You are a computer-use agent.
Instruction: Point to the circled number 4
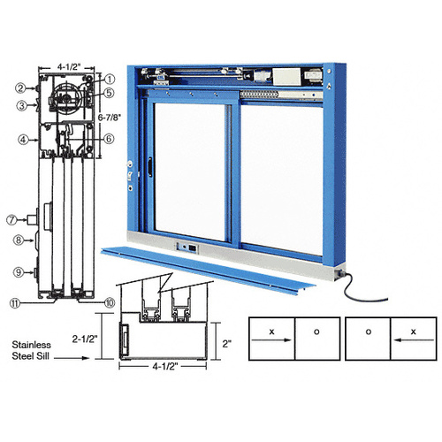click(19, 138)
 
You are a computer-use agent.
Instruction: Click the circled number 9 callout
click(18, 271)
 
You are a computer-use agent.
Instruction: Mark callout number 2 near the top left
click(19, 87)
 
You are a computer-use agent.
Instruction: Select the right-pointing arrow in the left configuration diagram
click(271, 335)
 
